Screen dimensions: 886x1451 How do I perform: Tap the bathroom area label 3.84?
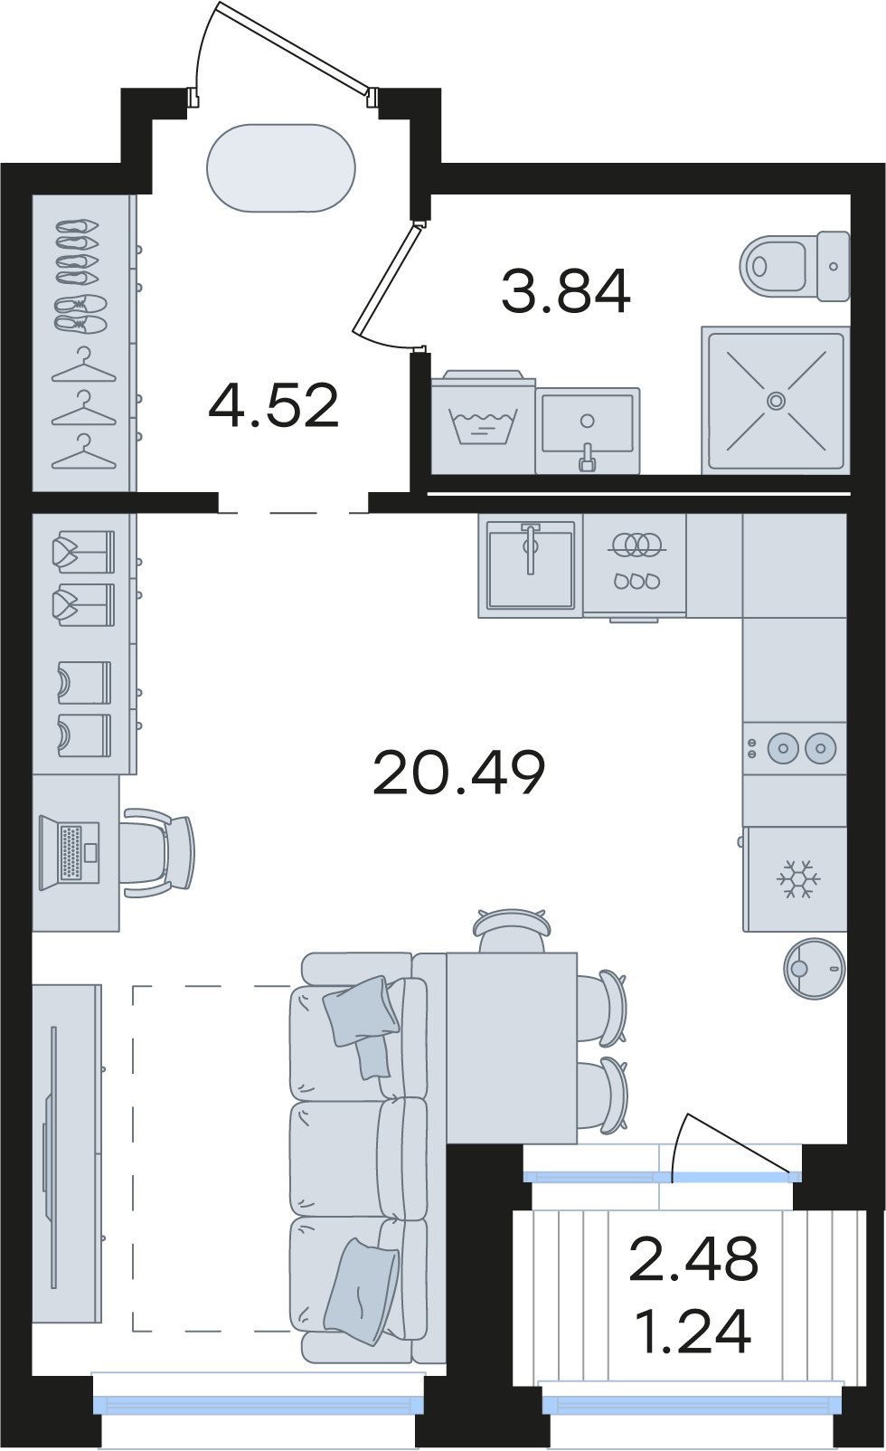tap(566, 292)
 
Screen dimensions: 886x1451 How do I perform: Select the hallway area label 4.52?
tap(274, 405)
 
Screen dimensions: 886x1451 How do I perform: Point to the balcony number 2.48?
tap(693, 1258)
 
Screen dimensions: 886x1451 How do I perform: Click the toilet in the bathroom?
tap(795, 266)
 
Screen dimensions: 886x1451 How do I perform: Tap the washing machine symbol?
tap(484, 422)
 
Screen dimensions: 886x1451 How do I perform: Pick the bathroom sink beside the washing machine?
tap(588, 431)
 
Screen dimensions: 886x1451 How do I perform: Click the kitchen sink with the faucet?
tap(531, 564)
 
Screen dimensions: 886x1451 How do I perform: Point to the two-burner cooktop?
tap(795, 748)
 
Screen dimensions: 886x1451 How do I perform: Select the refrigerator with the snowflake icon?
tap(795, 879)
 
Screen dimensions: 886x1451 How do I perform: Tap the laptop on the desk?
tap(70, 849)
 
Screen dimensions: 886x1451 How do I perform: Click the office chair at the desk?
tap(158, 852)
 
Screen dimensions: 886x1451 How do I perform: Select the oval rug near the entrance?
tap(281, 167)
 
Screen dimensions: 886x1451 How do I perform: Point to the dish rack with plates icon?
tap(635, 564)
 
